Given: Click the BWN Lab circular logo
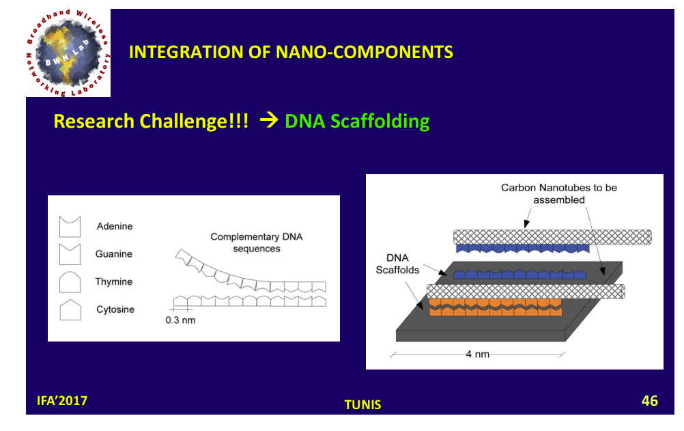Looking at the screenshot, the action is (x=68, y=53).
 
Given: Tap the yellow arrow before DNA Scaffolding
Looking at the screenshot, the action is (x=269, y=120).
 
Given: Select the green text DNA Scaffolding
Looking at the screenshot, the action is (x=357, y=122).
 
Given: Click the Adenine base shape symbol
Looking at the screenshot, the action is (x=70, y=226).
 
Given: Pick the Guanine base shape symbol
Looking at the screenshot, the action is (x=70, y=254).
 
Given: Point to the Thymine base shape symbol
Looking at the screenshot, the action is (x=70, y=282).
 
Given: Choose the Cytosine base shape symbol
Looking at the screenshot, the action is (x=70, y=309).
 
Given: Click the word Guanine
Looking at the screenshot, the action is (x=114, y=254).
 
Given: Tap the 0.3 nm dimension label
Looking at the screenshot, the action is (x=181, y=320).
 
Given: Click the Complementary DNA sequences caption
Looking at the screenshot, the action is (x=257, y=242).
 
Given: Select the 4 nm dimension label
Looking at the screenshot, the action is (x=478, y=354).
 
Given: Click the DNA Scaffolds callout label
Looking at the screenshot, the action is (x=397, y=264).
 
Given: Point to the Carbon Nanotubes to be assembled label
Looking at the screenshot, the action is (x=559, y=193).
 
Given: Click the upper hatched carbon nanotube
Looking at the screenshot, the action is (x=552, y=237).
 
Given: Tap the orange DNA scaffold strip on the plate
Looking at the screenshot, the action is (x=496, y=307).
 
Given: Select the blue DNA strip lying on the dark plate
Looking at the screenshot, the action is (x=519, y=274).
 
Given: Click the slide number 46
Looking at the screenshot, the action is (x=650, y=401).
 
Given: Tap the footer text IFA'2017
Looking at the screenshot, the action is (x=62, y=400).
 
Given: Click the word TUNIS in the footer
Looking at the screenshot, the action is (x=362, y=405).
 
